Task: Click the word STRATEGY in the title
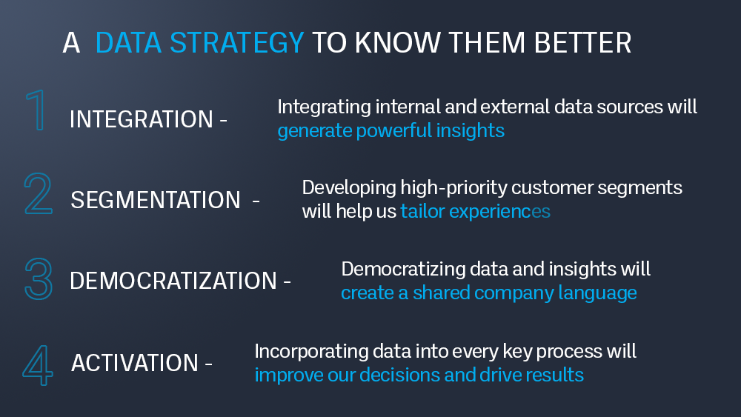[x=237, y=42]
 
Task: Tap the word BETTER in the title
[x=582, y=42]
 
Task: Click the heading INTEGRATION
[x=142, y=119]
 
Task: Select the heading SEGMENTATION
[x=156, y=200]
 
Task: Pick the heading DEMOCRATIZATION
[x=173, y=281]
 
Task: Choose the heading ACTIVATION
[x=135, y=363]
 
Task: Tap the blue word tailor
[x=422, y=211]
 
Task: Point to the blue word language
[x=597, y=293]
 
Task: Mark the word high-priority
[x=453, y=188]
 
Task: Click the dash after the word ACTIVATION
[x=208, y=364]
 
